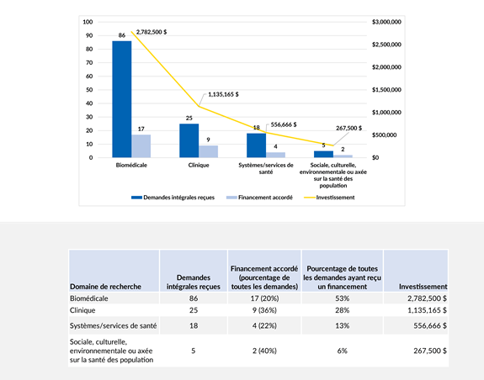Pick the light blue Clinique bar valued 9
[x=209, y=151]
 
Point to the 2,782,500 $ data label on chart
[x=152, y=29]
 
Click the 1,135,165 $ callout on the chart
[x=226, y=95]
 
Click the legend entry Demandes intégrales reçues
[x=173, y=197]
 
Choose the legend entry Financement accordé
[x=259, y=197]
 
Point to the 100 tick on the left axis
[x=88, y=21]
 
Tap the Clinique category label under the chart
[x=199, y=166]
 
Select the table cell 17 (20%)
[x=263, y=298]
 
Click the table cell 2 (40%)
[x=263, y=351]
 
